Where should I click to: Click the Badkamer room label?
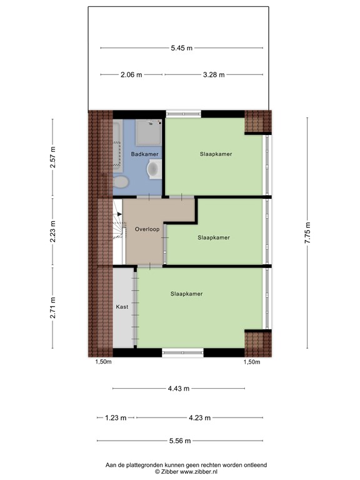[144, 154]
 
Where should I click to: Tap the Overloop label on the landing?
[147, 229]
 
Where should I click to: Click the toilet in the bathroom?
[121, 182]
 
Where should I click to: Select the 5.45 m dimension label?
[181, 47]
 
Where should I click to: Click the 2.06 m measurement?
[131, 74]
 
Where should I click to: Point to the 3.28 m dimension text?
[213, 74]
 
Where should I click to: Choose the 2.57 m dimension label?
[52, 157]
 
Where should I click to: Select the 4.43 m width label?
[179, 388]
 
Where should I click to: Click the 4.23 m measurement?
[199, 417]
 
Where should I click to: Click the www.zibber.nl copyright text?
[186, 472]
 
